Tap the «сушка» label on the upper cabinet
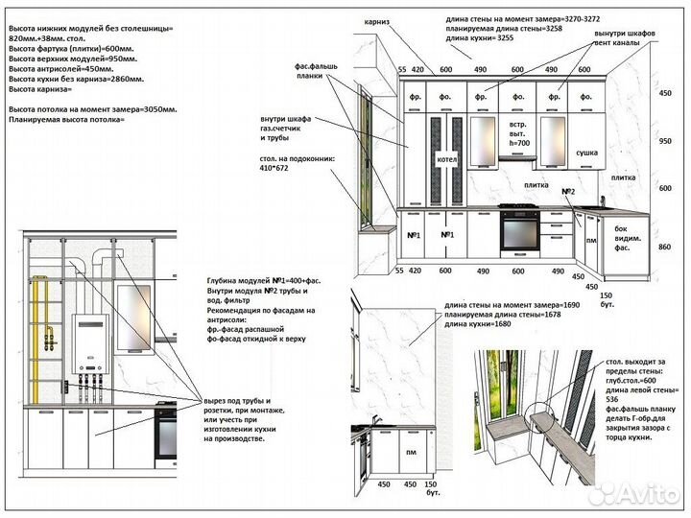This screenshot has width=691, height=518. (x=586, y=152)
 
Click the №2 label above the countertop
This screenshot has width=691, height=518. (x=568, y=192)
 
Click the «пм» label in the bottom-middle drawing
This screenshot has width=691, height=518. (x=410, y=452)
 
